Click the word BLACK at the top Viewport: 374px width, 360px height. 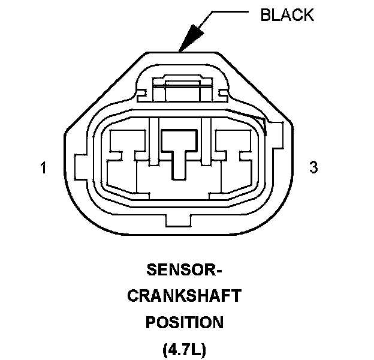coord(286,15)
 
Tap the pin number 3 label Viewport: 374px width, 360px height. coord(313,167)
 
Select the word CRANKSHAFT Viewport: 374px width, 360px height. coord(185,296)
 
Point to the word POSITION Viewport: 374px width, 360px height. coord(185,322)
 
